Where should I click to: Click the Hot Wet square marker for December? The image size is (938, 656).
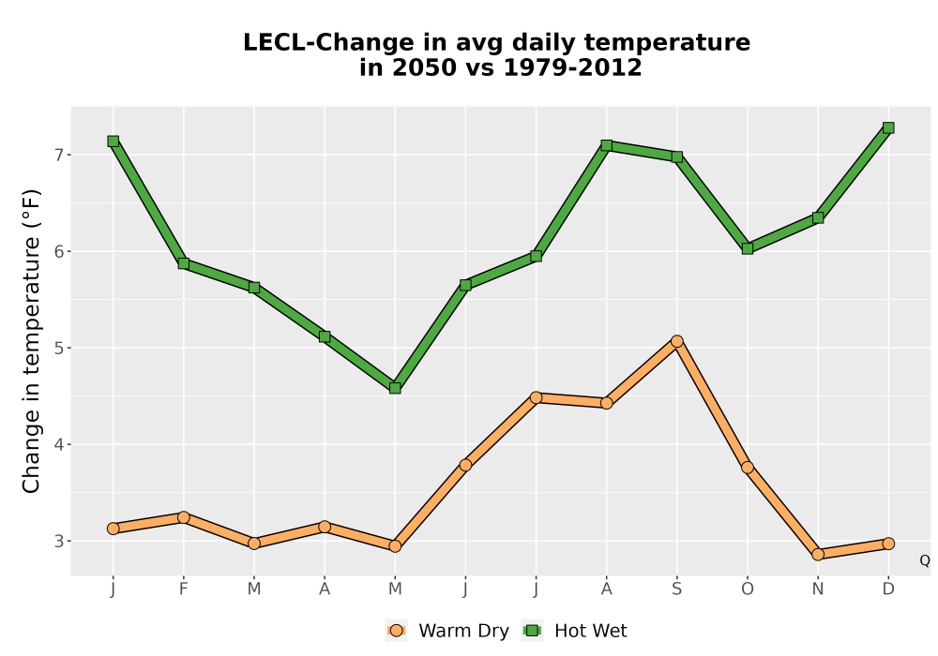(x=888, y=127)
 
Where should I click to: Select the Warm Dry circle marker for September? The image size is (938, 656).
(x=676, y=341)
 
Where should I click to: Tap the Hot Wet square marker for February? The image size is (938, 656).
(x=184, y=263)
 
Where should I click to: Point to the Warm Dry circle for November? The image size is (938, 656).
(x=818, y=555)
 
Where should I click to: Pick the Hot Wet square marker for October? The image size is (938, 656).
(x=748, y=248)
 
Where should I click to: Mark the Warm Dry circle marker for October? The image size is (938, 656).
(x=748, y=468)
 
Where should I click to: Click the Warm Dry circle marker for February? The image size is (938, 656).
(x=184, y=517)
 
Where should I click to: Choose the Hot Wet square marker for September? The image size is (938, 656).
(x=676, y=157)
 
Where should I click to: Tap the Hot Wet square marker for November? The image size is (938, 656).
(x=818, y=218)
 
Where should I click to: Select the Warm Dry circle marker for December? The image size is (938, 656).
(x=888, y=544)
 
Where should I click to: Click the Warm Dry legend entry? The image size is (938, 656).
(x=447, y=631)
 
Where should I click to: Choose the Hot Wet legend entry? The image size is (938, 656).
(x=574, y=631)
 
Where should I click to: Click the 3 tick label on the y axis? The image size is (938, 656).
(x=58, y=542)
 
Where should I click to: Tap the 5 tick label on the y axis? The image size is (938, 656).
(x=58, y=349)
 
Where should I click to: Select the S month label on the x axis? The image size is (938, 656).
(x=676, y=589)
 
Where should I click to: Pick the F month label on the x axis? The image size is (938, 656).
(x=184, y=589)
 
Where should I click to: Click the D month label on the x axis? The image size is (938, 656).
(x=888, y=589)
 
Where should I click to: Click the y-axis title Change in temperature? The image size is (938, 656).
(x=31, y=341)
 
